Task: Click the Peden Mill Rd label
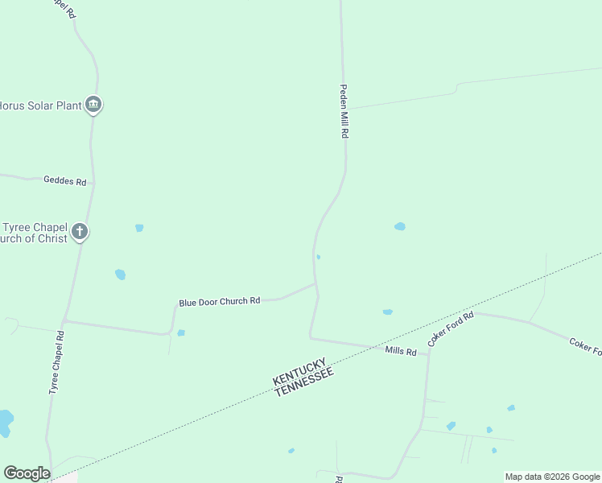click(x=344, y=112)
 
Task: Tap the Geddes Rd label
click(x=64, y=182)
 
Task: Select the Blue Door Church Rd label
click(x=219, y=301)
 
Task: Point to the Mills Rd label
click(x=401, y=351)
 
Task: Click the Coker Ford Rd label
click(x=451, y=329)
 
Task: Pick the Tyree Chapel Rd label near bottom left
click(x=56, y=361)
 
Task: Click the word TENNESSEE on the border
click(x=303, y=380)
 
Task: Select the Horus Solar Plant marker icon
click(x=94, y=105)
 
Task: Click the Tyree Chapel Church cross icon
click(x=79, y=232)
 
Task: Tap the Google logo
click(x=27, y=473)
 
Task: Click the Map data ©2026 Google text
click(x=552, y=477)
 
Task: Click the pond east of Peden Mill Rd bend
click(x=400, y=226)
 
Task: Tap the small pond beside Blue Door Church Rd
click(x=181, y=332)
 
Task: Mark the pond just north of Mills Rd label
click(x=387, y=312)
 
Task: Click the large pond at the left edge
click(x=5, y=421)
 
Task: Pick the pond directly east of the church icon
click(x=139, y=228)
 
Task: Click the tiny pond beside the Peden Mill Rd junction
click(x=320, y=258)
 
